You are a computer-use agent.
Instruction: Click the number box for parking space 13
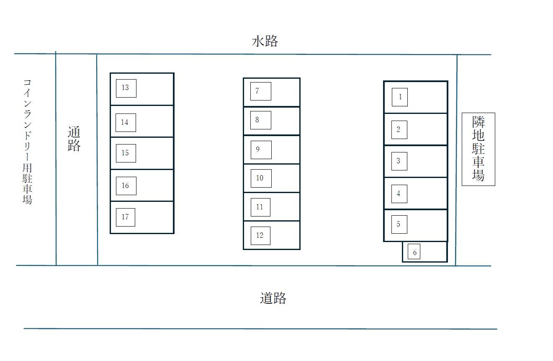tap(126, 88)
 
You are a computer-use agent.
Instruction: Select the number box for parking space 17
tap(125, 217)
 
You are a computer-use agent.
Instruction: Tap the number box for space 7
tap(260, 91)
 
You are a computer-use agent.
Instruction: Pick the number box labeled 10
tap(261, 178)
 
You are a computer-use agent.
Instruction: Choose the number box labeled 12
tap(260, 235)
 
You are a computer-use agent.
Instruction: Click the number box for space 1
tap(400, 97)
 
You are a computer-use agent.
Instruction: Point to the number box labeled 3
tap(399, 161)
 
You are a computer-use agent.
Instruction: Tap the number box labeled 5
tap(399, 224)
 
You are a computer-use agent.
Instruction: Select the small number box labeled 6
tap(414, 252)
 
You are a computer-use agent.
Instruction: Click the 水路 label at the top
tap(265, 41)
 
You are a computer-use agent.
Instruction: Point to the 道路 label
tap(273, 298)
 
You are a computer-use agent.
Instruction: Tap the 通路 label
tap(74, 139)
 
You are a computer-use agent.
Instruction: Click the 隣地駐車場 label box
tap(478, 149)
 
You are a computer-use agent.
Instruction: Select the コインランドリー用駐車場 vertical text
tap(27, 141)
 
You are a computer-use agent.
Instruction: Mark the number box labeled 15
tap(126, 153)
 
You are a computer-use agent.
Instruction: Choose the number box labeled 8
tap(260, 120)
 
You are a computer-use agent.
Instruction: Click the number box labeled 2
tap(399, 129)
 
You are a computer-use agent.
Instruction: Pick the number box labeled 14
tap(126, 122)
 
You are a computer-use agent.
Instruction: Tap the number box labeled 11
tap(260, 207)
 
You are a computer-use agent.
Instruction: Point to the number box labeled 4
tap(399, 193)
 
